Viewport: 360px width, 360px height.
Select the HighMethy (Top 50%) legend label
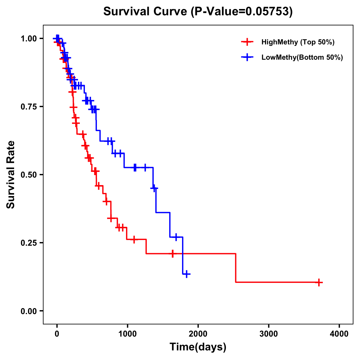(x=298, y=42)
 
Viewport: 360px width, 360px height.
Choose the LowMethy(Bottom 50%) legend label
(x=302, y=57)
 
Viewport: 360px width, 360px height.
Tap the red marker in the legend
(x=247, y=42)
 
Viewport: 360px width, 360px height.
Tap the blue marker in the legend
(x=247, y=57)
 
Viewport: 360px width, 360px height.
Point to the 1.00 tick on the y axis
(x=28, y=39)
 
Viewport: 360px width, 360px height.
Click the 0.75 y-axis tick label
(x=28, y=107)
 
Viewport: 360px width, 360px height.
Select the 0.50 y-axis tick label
(x=28, y=175)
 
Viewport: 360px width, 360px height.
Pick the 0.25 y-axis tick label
(x=28, y=243)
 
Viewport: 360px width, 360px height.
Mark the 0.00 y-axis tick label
(x=28, y=311)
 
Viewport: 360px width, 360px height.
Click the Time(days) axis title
(x=198, y=347)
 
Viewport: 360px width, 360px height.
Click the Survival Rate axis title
(x=11, y=175)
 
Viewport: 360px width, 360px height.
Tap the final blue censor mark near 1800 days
(x=187, y=274)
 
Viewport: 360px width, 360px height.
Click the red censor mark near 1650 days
(x=172, y=254)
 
